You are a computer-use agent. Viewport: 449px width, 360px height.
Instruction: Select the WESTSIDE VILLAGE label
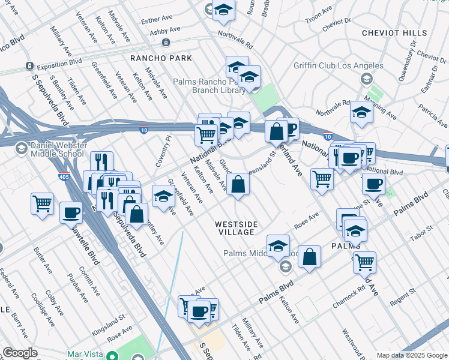point(237,228)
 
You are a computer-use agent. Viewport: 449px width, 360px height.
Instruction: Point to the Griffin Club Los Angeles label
point(339,65)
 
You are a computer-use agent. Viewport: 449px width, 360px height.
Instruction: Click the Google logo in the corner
point(20,353)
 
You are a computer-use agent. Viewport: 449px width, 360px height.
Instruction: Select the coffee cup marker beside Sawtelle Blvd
point(71,212)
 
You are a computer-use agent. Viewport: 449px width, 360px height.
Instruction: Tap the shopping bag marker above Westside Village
point(238,186)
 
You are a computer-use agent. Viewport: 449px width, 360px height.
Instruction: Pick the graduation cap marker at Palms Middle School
point(278,245)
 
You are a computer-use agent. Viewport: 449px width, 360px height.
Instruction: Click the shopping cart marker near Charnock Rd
point(364,262)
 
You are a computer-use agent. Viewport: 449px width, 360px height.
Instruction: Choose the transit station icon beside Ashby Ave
point(164,43)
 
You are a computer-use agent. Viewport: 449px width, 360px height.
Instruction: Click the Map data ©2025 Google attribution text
point(411,355)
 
